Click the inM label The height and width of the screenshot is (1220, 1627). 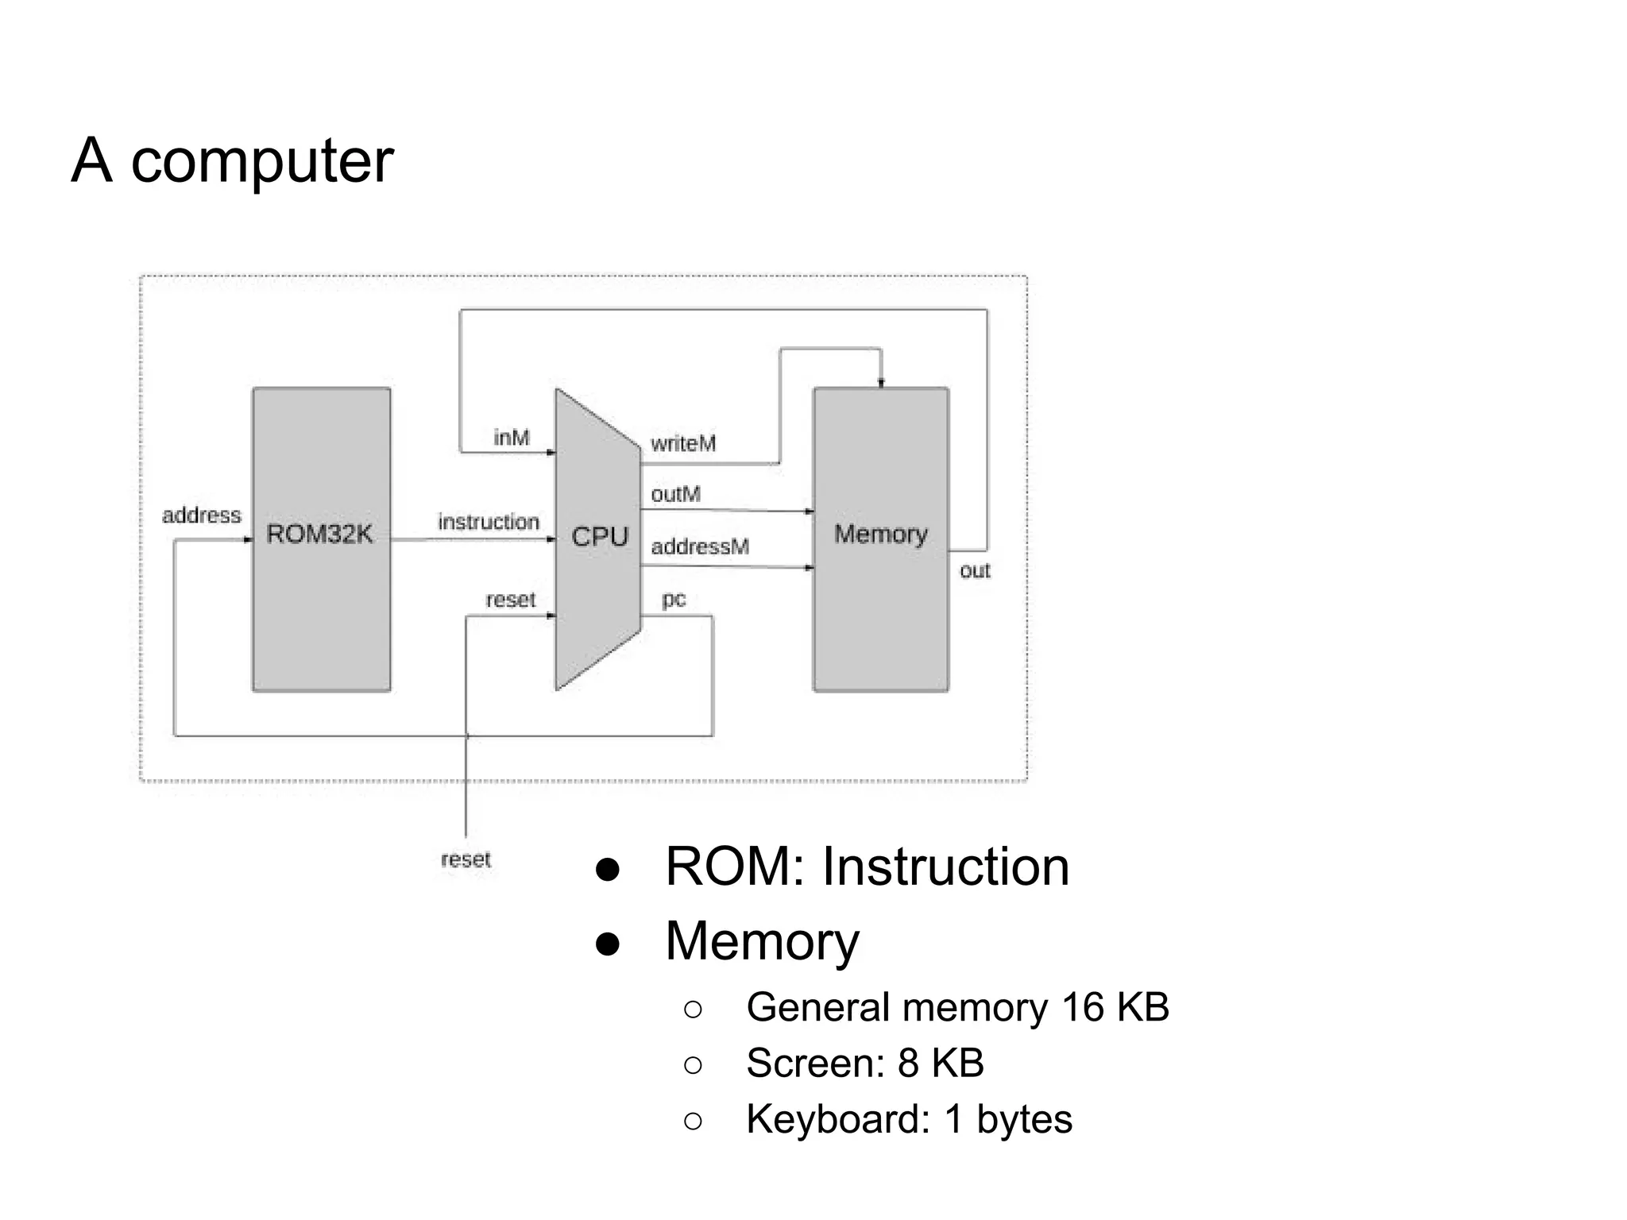[511, 438]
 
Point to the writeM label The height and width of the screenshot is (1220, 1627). [682, 443]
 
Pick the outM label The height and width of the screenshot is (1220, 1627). [675, 494]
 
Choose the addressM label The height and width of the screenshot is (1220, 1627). [699, 546]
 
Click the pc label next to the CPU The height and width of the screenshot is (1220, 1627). [673, 599]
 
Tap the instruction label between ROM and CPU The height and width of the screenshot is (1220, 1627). [488, 522]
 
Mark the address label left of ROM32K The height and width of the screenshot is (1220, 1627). [201, 515]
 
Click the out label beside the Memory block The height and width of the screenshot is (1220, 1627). [974, 570]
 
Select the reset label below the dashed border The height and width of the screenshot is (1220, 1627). [466, 859]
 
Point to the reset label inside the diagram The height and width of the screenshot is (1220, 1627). [510, 600]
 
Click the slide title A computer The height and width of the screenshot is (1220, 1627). [232, 160]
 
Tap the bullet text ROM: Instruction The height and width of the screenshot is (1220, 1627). [867, 867]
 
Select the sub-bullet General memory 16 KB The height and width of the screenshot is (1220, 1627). [957, 1007]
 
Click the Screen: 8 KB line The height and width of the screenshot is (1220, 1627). [864, 1063]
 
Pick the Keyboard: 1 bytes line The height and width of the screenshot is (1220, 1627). [909, 1119]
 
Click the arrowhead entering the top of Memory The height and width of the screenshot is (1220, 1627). [880, 383]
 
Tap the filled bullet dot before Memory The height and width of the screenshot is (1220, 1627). [607, 944]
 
